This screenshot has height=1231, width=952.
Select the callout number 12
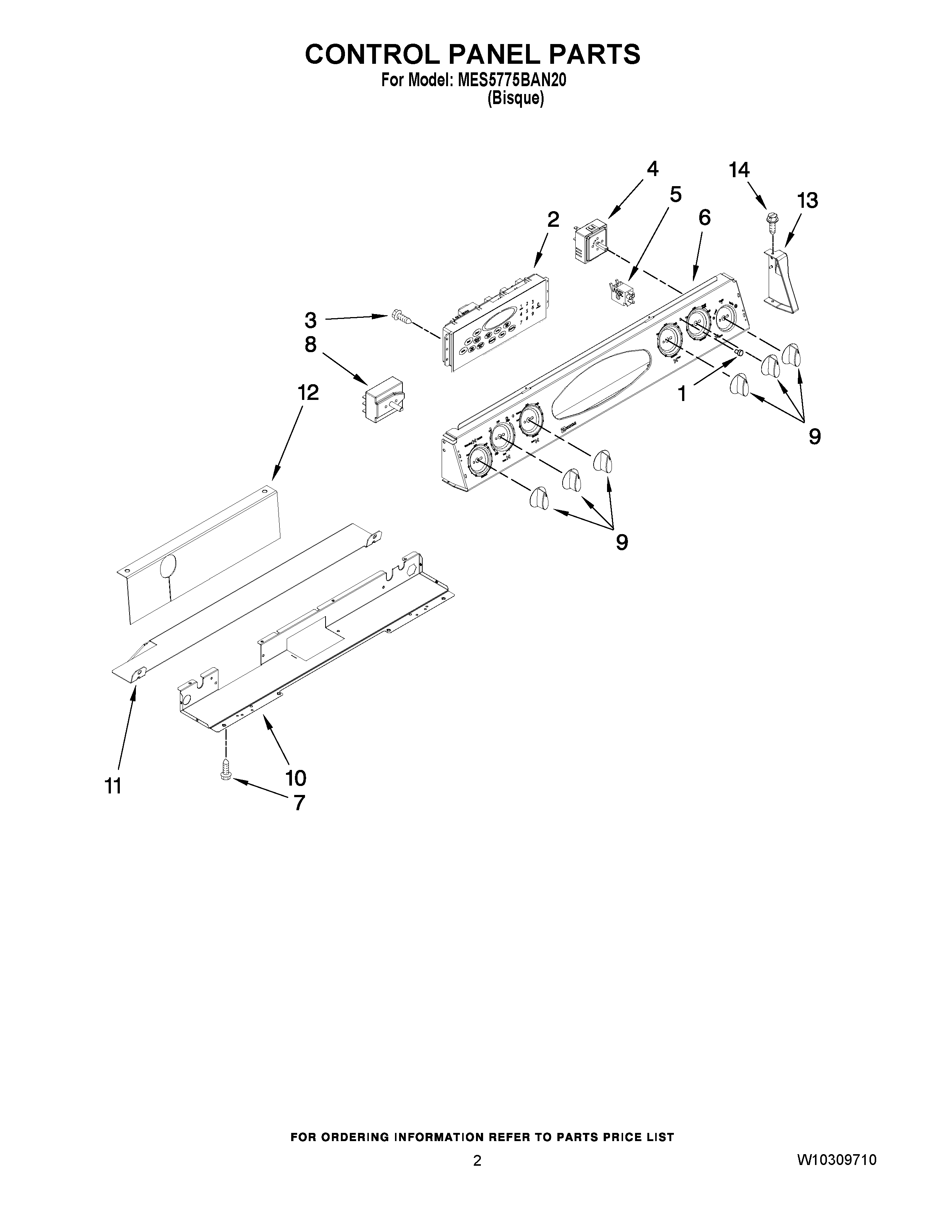(308, 392)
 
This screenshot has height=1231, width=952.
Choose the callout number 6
(704, 217)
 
